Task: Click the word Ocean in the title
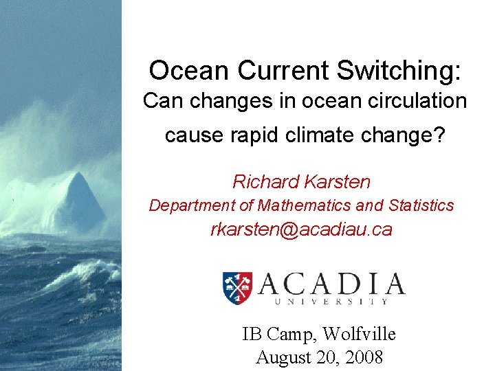point(179,70)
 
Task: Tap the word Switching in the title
point(406,71)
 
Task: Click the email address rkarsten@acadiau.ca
point(301,230)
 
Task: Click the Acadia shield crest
point(237,288)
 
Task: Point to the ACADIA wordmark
point(331,283)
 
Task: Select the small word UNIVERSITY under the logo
point(331,301)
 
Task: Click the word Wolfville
point(359,335)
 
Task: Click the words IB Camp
point(278,335)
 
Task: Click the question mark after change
point(441,135)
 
